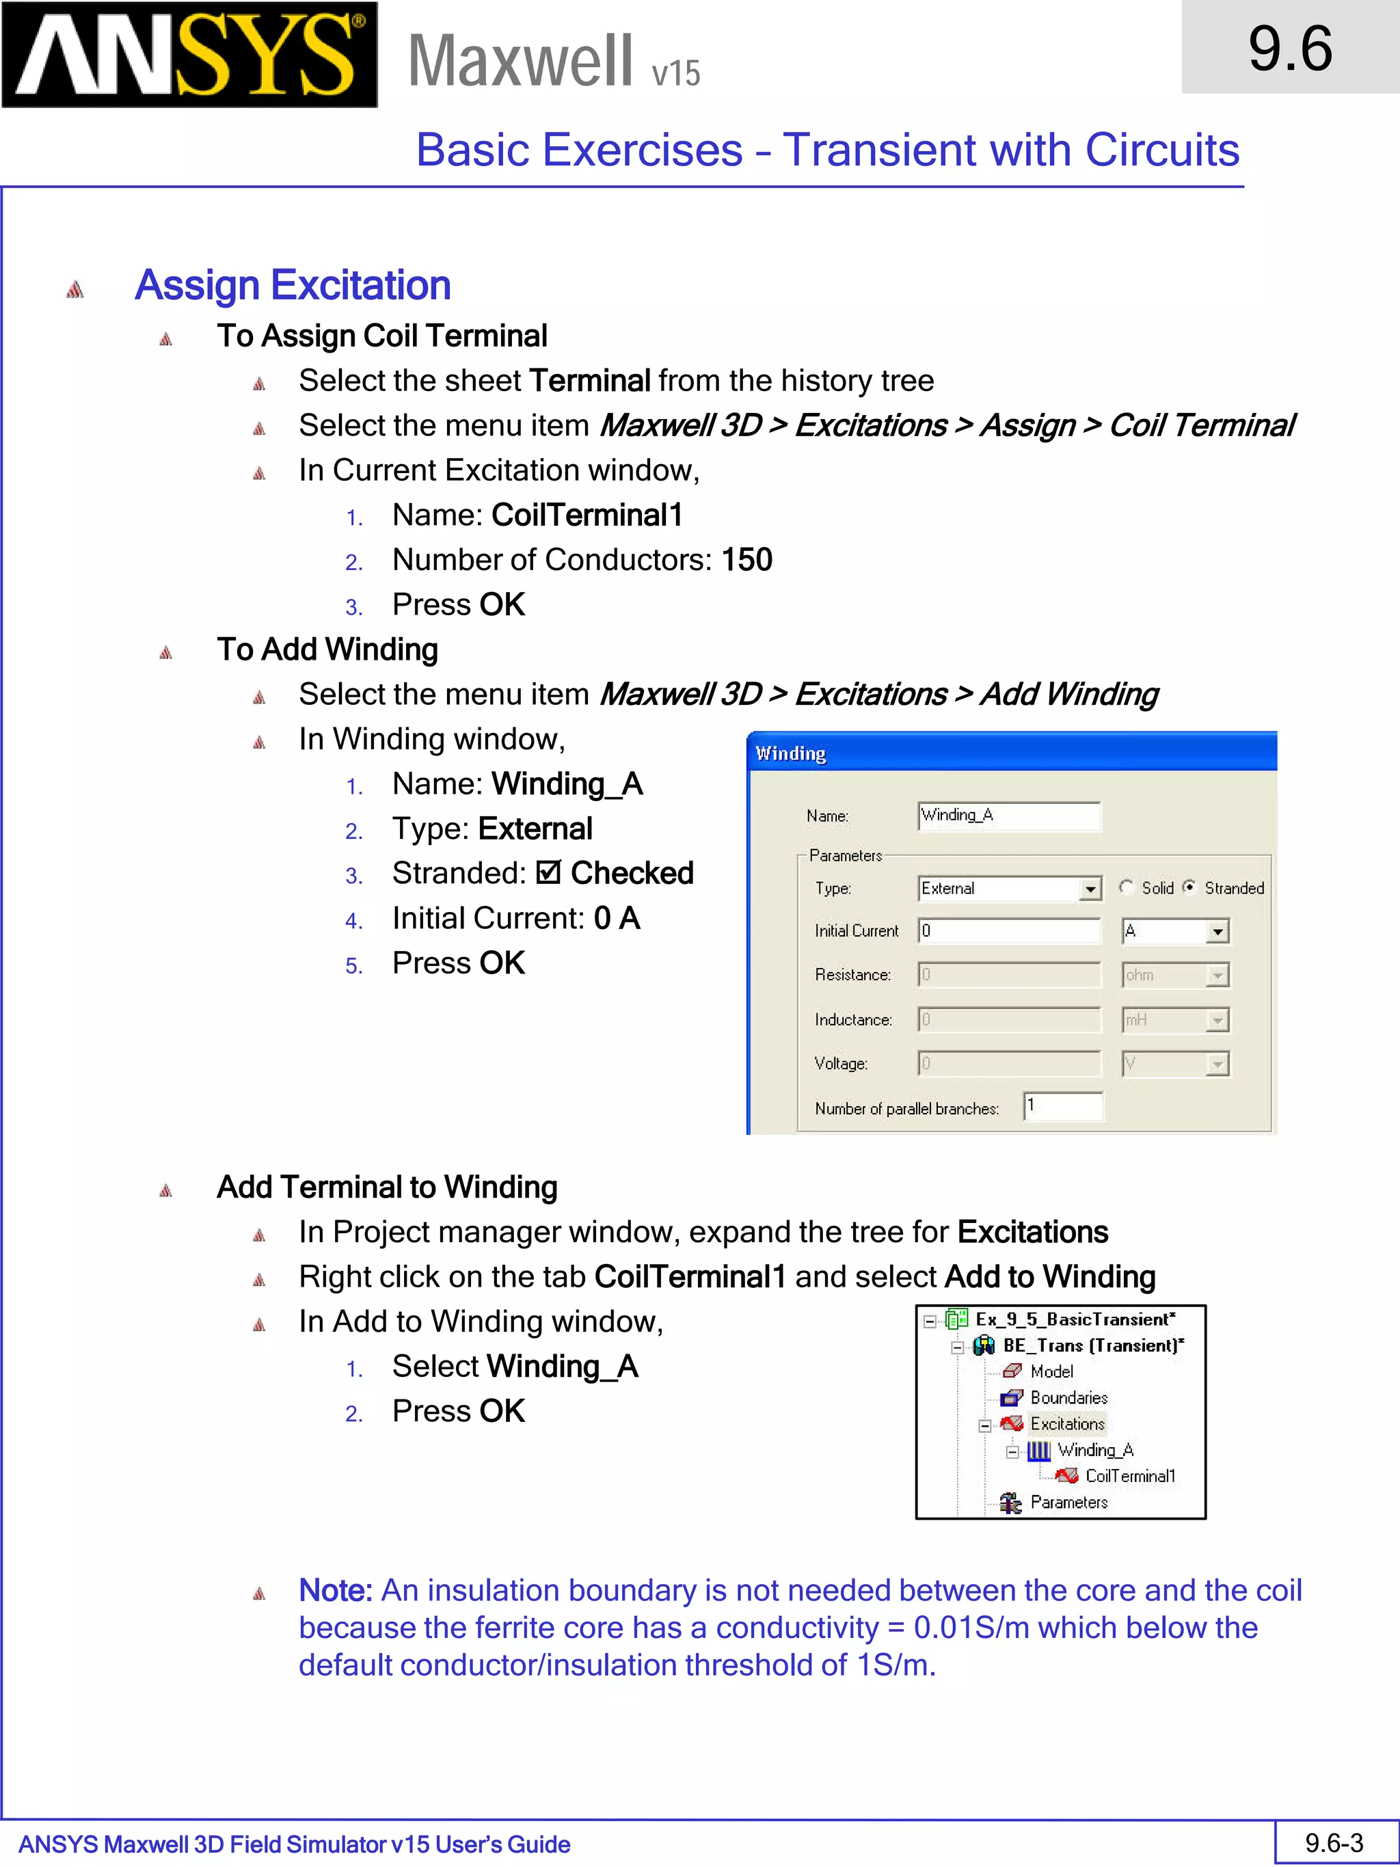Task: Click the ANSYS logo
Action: click(x=189, y=55)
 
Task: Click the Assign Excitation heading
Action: click(x=292, y=285)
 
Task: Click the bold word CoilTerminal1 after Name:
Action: click(x=587, y=515)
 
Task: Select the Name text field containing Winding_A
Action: click(x=1008, y=816)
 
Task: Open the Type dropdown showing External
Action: click(x=1090, y=889)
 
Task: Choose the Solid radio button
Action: click(x=1126, y=887)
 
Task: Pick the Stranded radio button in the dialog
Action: click(x=1189, y=887)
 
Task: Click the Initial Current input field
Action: click(x=1008, y=931)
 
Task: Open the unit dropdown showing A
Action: click(x=1216, y=932)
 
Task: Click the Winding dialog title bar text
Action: click(x=790, y=753)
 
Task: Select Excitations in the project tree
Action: click(x=1066, y=1424)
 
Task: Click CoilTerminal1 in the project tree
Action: click(x=1129, y=1476)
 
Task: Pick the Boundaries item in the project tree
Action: click(x=1068, y=1398)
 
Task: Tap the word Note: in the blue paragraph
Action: click(x=335, y=1590)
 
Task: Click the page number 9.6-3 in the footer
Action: click(x=1333, y=1842)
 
